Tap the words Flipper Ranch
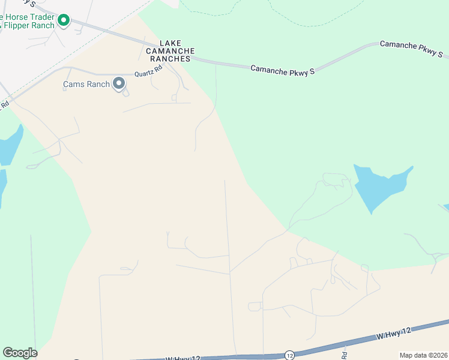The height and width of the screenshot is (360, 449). tap(29, 26)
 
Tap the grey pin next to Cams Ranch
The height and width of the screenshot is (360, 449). tap(119, 83)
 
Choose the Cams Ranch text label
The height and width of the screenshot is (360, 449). tap(86, 84)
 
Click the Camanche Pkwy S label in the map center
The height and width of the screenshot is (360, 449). tap(282, 70)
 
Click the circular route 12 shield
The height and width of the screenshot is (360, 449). tap(290, 355)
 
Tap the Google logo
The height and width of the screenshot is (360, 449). tap(20, 353)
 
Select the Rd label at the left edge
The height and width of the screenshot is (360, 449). tap(4, 104)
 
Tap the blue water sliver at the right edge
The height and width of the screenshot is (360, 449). tap(446, 208)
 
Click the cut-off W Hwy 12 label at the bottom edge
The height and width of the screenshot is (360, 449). tap(183, 358)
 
